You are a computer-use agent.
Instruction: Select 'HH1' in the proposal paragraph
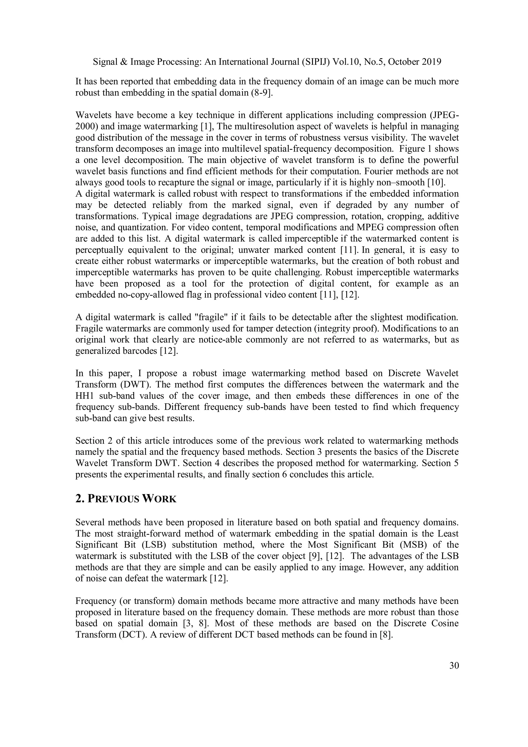(84, 396)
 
